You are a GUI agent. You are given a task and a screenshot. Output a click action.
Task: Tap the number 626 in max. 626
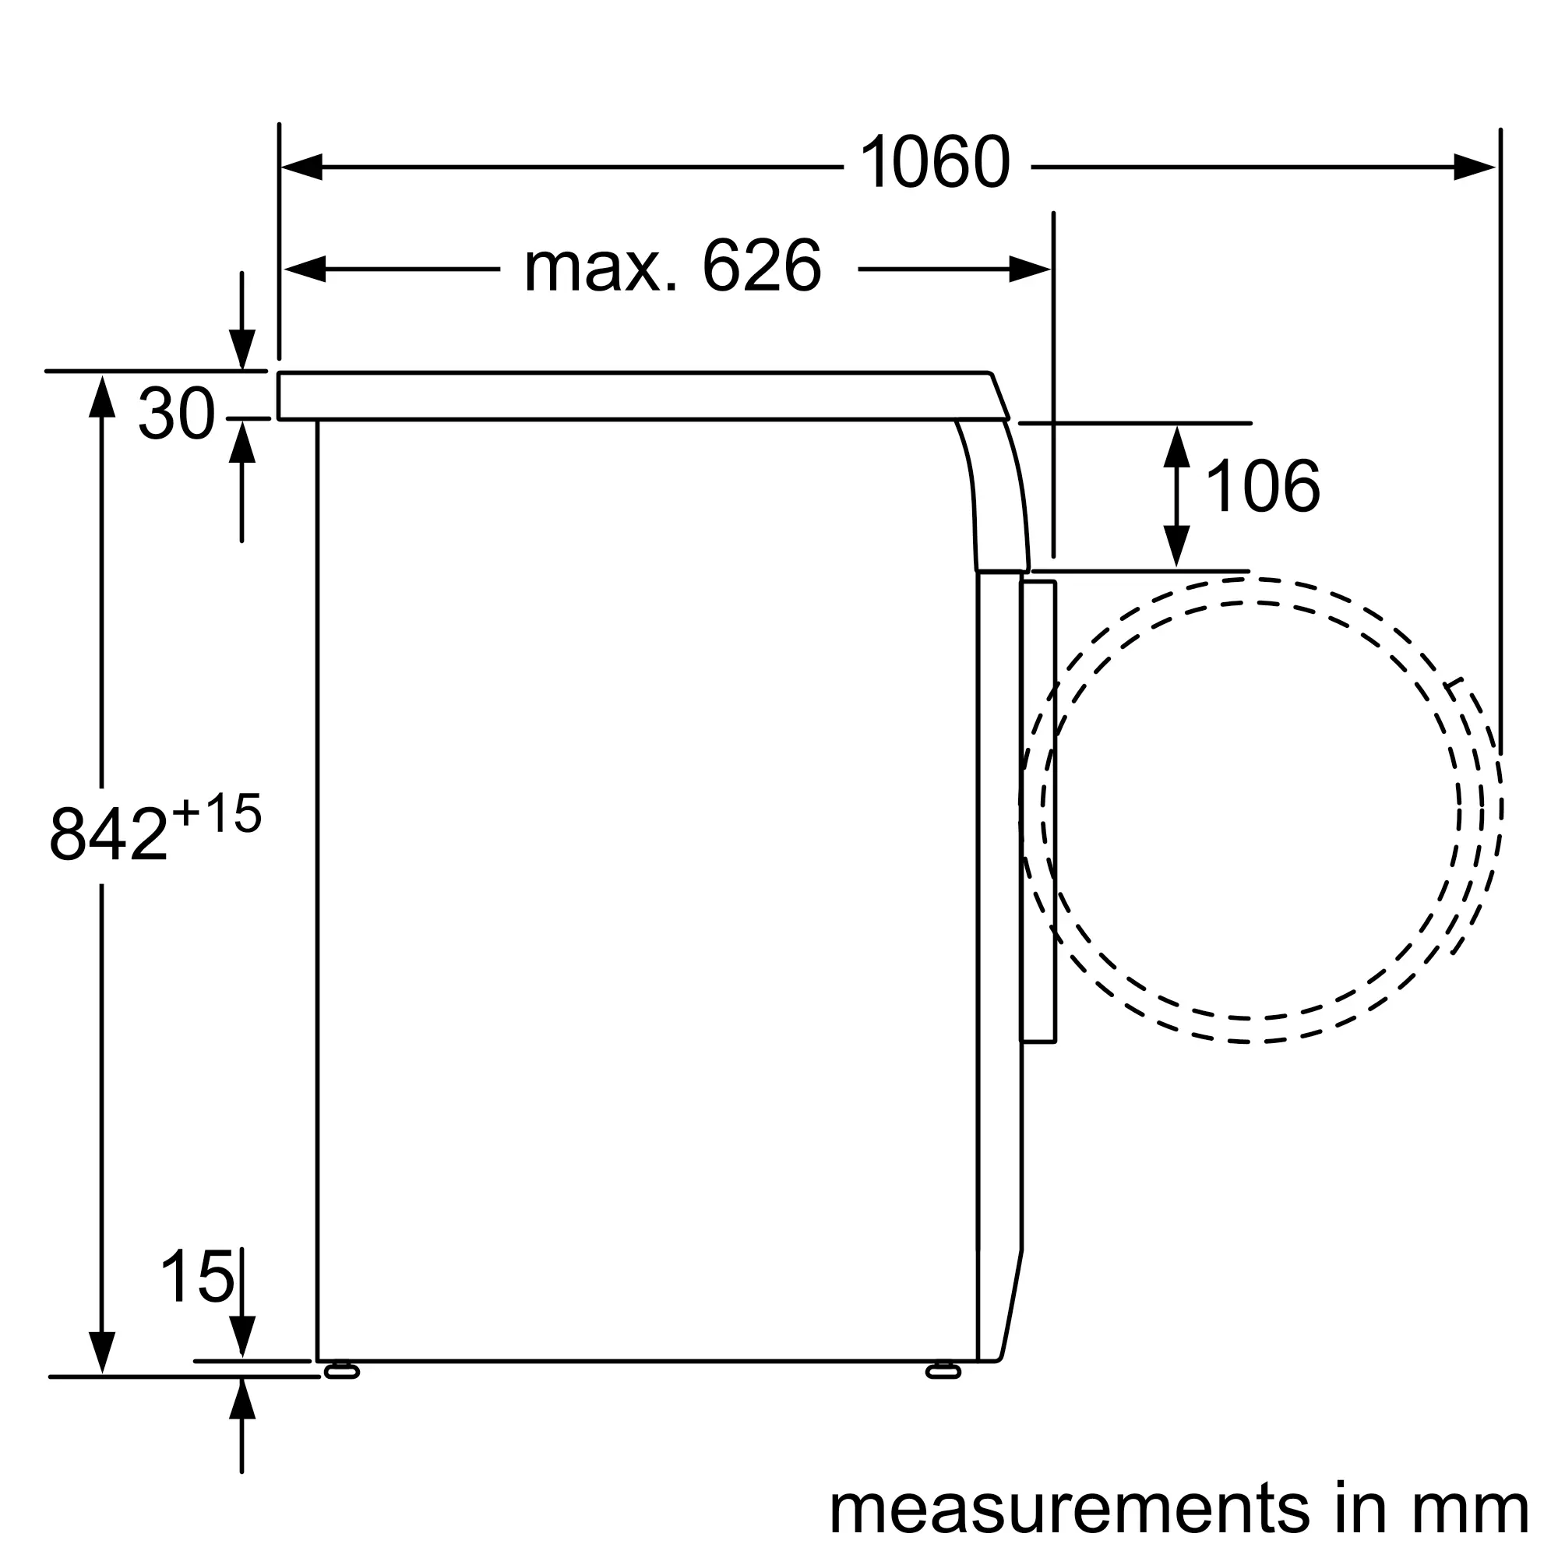pos(761,266)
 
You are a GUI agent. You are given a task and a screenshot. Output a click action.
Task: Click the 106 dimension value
pos(1263,485)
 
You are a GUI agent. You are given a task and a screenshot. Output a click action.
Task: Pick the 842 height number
pos(108,834)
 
